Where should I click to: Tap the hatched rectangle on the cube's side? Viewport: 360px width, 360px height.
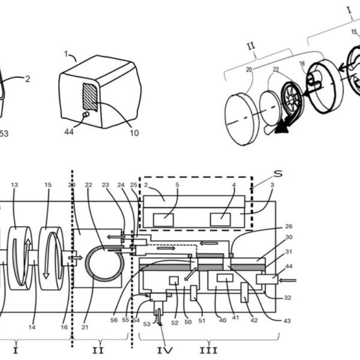point(90,95)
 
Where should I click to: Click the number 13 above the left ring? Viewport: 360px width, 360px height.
point(15,185)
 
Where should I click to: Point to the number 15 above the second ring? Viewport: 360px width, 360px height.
point(47,185)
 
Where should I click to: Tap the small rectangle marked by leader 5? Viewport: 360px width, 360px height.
point(163,220)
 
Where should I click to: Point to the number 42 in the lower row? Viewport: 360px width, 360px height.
point(254,320)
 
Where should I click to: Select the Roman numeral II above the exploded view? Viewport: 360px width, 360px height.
point(253,43)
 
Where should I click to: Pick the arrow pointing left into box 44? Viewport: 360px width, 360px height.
point(289,278)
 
